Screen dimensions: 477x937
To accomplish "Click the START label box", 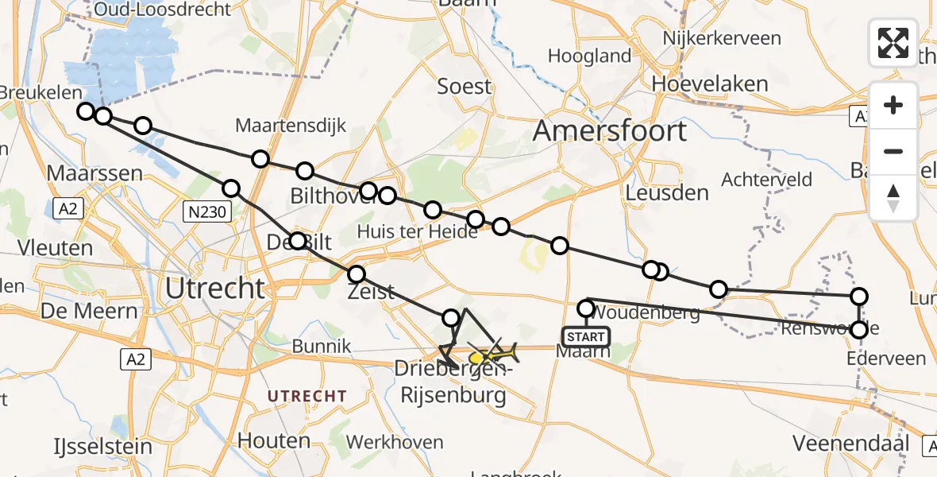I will point(586,336).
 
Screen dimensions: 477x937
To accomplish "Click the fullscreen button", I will point(893,43).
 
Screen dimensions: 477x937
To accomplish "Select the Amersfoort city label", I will point(609,130).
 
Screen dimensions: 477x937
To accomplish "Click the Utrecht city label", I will point(214,289).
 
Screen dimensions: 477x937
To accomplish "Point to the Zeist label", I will point(372,292).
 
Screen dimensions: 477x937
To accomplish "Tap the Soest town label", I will point(465,86).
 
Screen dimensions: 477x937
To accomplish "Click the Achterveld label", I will point(766,180).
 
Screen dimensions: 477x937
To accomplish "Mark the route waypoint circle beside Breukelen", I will point(86,111).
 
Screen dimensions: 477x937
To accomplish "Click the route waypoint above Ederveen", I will point(859,329).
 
